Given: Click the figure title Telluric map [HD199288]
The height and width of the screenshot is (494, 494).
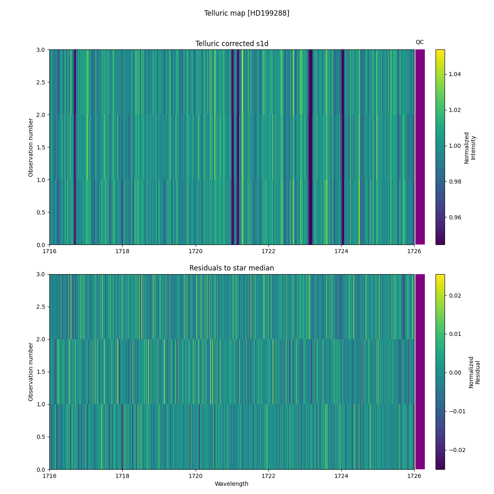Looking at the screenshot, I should pyautogui.click(x=247, y=13).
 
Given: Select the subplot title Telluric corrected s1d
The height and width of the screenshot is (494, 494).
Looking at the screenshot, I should pyautogui.click(x=232, y=44).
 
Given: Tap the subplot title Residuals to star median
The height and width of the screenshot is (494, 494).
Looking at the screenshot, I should pyautogui.click(x=232, y=268).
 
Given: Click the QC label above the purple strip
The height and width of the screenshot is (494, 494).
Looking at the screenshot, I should pyautogui.click(x=419, y=42).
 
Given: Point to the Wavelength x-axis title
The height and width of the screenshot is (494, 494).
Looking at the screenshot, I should pyautogui.click(x=231, y=484).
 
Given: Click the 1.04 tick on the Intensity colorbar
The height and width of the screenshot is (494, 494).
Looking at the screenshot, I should pyautogui.click(x=454, y=74).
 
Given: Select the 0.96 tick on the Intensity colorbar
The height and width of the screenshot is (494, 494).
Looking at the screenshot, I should pyautogui.click(x=454, y=217).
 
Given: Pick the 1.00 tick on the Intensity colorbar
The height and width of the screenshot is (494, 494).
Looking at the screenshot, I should pyautogui.click(x=454, y=146).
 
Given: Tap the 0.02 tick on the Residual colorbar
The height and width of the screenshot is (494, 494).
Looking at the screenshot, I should pyautogui.click(x=454, y=296).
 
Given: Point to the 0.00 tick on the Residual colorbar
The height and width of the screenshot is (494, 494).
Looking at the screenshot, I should pyautogui.click(x=454, y=373).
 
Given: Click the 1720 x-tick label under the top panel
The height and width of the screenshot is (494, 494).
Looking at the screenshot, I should pyautogui.click(x=196, y=251).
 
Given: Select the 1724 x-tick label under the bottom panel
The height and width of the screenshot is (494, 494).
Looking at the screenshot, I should pyautogui.click(x=341, y=476).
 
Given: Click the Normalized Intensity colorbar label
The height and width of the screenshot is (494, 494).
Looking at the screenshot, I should pyautogui.click(x=470, y=148).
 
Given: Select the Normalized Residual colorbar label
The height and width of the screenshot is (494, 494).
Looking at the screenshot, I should pyautogui.click(x=474, y=372).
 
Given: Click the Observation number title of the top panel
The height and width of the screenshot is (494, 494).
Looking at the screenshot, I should pyautogui.click(x=31, y=147).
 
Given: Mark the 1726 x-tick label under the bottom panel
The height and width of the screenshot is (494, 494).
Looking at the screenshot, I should pyautogui.click(x=414, y=476).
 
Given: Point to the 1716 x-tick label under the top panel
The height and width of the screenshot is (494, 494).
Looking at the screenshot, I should pyautogui.click(x=50, y=251).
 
